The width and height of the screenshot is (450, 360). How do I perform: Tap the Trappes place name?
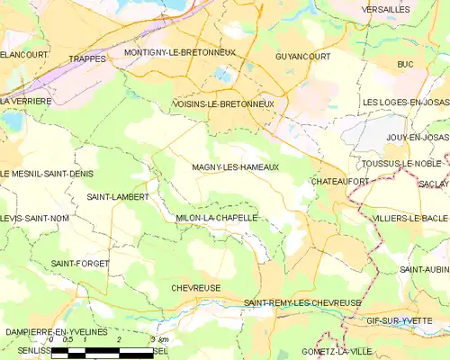(x=88, y=58)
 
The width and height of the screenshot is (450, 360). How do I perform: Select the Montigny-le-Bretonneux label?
(x=180, y=52)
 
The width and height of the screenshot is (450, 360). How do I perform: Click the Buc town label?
(x=405, y=65)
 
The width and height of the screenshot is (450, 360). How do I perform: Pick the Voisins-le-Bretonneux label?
(x=222, y=104)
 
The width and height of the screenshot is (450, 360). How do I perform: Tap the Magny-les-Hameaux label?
(x=235, y=167)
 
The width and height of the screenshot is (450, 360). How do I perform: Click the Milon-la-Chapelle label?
(x=217, y=218)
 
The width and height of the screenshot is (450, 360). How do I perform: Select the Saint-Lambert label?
(x=117, y=196)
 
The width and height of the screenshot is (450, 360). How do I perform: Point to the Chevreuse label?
(x=196, y=288)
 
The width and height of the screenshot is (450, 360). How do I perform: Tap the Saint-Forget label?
(x=79, y=263)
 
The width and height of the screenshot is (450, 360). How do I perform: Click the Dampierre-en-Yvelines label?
(x=57, y=332)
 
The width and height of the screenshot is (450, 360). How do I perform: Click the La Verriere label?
(x=26, y=102)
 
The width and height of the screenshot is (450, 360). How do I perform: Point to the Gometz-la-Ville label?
(x=336, y=351)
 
